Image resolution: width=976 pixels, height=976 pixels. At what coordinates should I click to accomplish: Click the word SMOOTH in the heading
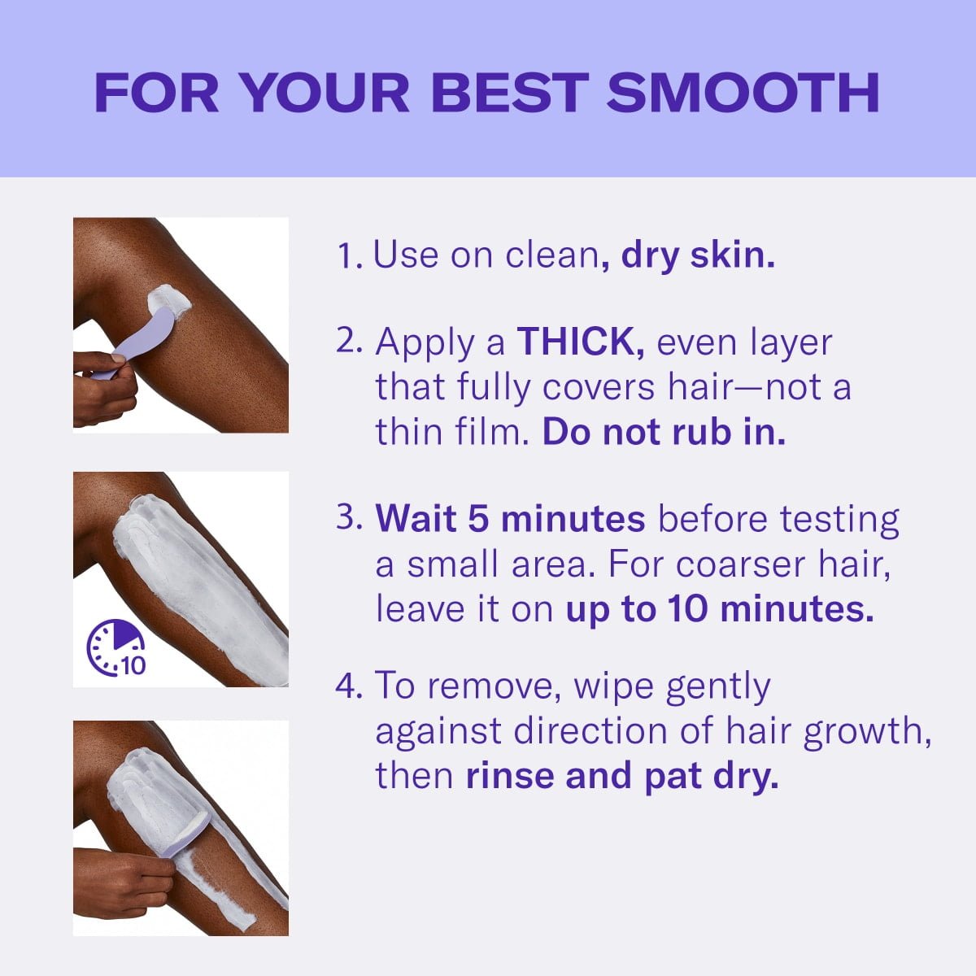[x=743, y=92]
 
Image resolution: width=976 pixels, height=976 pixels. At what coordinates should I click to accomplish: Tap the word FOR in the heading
[x=156, y=92]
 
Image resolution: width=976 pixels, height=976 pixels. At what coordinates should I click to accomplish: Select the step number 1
[x=348, y=256]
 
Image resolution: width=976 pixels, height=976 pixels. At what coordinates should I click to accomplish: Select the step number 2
[x=348, y=342]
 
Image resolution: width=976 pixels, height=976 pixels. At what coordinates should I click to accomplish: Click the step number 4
[x=348, y=686]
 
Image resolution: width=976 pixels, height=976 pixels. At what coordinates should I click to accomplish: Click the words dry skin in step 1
[x=698, y=256]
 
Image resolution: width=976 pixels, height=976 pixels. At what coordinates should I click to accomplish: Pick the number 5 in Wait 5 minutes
[x=477, y=519]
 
